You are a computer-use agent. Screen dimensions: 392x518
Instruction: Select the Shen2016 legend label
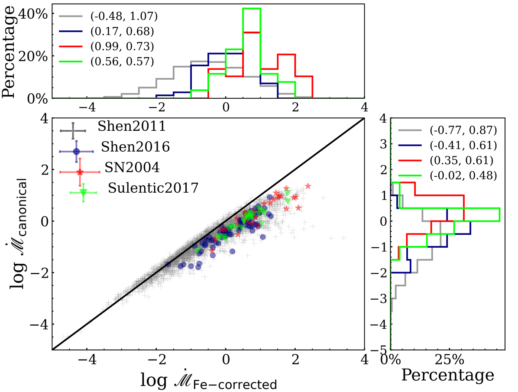click(x=135, y=147)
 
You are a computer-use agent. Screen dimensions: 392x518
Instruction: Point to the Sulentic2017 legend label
click(x=153, y=188)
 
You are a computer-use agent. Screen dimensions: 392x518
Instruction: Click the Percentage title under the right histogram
click(x=448, y=375)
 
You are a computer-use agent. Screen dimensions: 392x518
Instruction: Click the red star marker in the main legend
click(x=80, y=172)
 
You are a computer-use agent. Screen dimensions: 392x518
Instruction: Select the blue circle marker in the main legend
click(x=77, y=152)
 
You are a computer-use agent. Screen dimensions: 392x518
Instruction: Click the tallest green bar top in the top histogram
click(x=252, y=8)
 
